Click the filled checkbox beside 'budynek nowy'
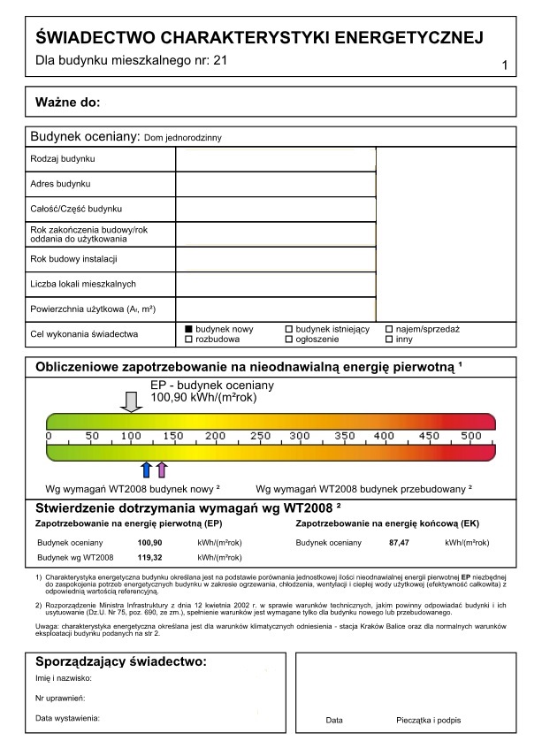point(188,329)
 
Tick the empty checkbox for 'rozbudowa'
point(188,339)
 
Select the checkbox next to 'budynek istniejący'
point(288,329)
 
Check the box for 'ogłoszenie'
point(288,339)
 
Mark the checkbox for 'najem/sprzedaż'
point(389,329)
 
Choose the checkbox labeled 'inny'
point(389,339)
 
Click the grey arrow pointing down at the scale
point(131,402)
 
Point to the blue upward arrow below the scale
point(147,469)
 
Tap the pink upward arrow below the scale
point(161,469)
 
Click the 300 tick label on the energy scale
point(302,436)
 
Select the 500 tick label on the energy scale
point(470,436)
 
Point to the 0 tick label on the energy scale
point(48,436)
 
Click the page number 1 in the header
point(504,66)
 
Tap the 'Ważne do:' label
point(67,102)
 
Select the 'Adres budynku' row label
point(60,184)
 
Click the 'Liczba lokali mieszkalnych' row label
point(82,284)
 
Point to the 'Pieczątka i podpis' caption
point(429,721)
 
